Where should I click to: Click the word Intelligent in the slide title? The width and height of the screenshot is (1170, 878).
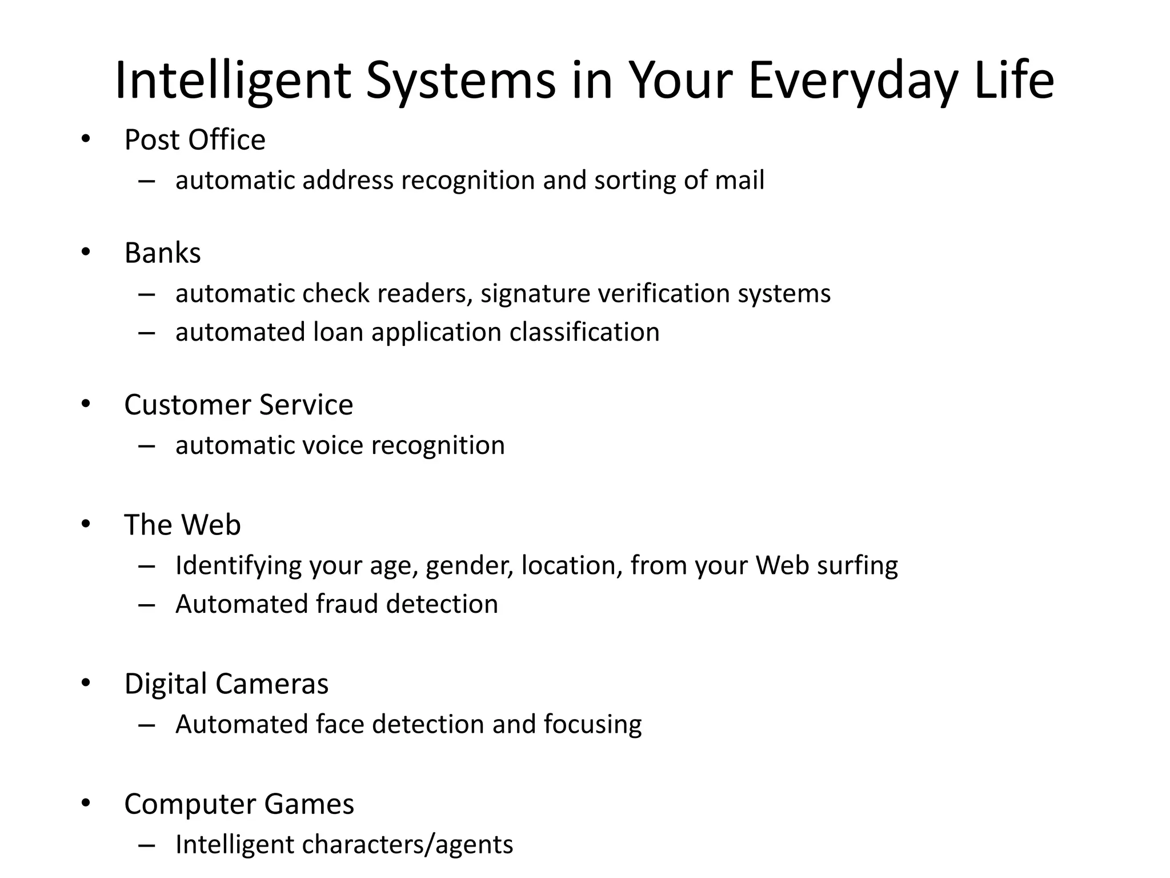[232, 81]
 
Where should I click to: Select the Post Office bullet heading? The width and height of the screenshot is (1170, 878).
[195, 140]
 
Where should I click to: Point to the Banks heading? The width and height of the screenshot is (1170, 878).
[162, 253]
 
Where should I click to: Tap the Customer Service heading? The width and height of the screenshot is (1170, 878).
[238, 405]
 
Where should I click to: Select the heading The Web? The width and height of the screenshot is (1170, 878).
[182, 525]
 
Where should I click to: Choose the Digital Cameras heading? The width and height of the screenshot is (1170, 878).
[226, 684]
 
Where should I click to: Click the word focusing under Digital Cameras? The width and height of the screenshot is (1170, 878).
[592, 725]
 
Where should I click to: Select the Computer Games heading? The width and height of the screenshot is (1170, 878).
[239, 804]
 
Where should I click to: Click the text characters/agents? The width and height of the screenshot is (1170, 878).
[407, 845]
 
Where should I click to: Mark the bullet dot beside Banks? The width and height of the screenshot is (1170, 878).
[86, 252]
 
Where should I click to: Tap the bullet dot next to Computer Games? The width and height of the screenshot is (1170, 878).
[86, 803]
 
